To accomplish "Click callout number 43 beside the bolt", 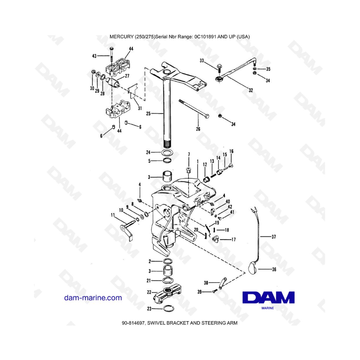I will (x=94, y=56).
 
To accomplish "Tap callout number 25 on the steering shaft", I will (x=148, y=114).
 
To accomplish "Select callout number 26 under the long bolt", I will (x=198, y=129).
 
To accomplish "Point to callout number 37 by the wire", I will (x=274, y=237).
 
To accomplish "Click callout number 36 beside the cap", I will (x=274, y=269).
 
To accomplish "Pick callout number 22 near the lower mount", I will (x=149, y=292).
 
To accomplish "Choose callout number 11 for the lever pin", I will (x=112, y=215).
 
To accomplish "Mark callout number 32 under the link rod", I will (x=251, y=90).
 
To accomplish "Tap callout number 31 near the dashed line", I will (x=139, y=108).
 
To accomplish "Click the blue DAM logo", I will (x=268, y=298).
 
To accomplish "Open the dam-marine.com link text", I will (x=93, y=298).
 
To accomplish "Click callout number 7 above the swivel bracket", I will (x=189, y=154).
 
